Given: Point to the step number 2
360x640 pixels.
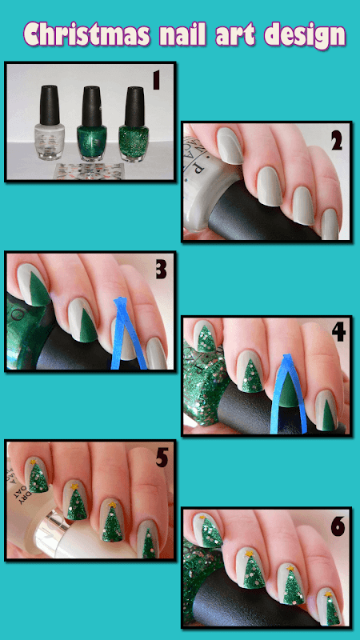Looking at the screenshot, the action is coord(336,141).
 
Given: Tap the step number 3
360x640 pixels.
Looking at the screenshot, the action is coord(161,270).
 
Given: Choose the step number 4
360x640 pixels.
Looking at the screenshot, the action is coord(338,332).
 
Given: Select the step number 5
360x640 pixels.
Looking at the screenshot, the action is coord(162,458).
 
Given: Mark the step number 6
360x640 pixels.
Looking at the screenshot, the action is coord(338,526).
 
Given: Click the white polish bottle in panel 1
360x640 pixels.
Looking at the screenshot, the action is coord(50,122).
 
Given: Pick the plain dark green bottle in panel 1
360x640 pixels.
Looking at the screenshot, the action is coord(92,123).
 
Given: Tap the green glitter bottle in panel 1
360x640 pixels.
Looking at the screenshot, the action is coord(134,123).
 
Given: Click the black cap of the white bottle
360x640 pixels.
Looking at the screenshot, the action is coord(50,105).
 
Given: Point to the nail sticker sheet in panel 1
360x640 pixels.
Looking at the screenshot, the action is coord(89,170).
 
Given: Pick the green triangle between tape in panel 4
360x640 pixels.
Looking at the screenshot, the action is coord(288,390).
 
